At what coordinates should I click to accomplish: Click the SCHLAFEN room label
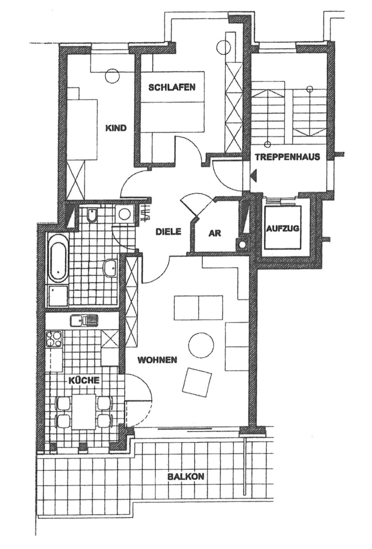172,87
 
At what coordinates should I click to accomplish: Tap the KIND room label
116,128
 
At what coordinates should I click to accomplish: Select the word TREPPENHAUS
287,157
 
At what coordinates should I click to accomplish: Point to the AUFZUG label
282,228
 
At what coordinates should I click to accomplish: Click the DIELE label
169,231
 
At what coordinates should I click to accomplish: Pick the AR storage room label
215,233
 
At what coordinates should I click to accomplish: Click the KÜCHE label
84,380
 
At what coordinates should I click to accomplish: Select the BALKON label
186,476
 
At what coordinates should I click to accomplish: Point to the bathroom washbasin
111,267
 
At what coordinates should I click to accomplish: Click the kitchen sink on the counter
84,320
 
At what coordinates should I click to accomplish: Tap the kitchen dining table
84,412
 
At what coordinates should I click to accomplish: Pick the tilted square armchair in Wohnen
197,382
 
